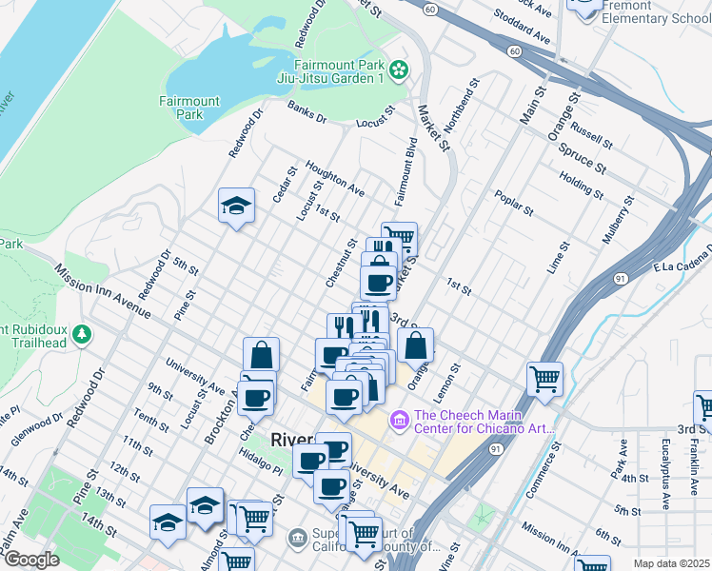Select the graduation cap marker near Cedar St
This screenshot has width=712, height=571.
tap(236, 206)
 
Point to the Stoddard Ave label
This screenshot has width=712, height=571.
tap(523, 27)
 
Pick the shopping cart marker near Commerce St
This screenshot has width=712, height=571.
tap(544, 378)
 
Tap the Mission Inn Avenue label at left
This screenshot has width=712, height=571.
tap(102, 289)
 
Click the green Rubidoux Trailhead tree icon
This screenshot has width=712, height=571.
tap(83, 334)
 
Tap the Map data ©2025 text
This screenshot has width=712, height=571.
tap(670, 563)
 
